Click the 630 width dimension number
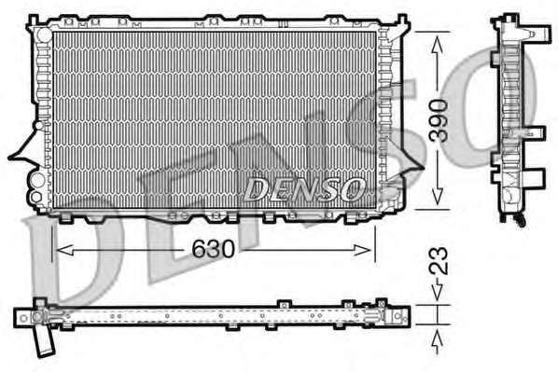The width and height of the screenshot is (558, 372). (x=214, y=249)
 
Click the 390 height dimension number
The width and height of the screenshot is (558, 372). (x=438, y=120)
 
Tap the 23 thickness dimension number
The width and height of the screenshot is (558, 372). (x=438, y=260)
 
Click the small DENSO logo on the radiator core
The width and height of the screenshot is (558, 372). (x=304, y=189)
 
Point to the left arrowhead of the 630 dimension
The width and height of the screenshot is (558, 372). (x=65, y=250)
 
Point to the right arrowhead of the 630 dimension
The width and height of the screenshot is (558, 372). (x=362, y=250)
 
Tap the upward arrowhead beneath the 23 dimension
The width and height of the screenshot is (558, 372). (x=437, y=338)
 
